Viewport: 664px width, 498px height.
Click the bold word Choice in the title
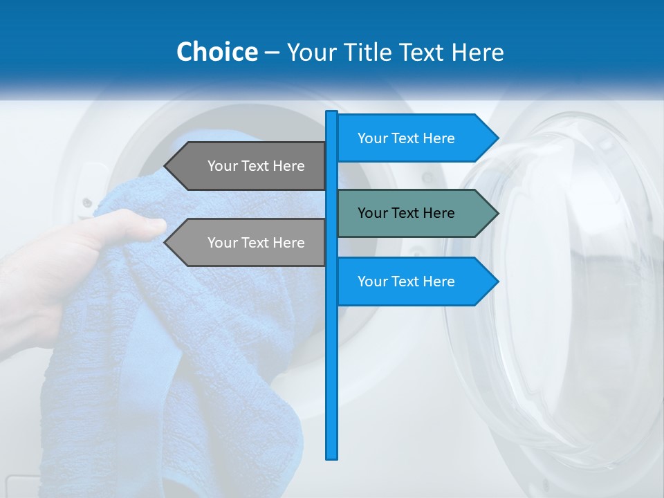216,52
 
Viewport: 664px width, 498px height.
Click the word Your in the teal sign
372,213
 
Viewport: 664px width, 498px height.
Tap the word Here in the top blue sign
439,138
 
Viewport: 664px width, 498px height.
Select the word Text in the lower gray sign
255,243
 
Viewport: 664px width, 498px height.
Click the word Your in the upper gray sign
222,166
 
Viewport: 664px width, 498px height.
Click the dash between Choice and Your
272,53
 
